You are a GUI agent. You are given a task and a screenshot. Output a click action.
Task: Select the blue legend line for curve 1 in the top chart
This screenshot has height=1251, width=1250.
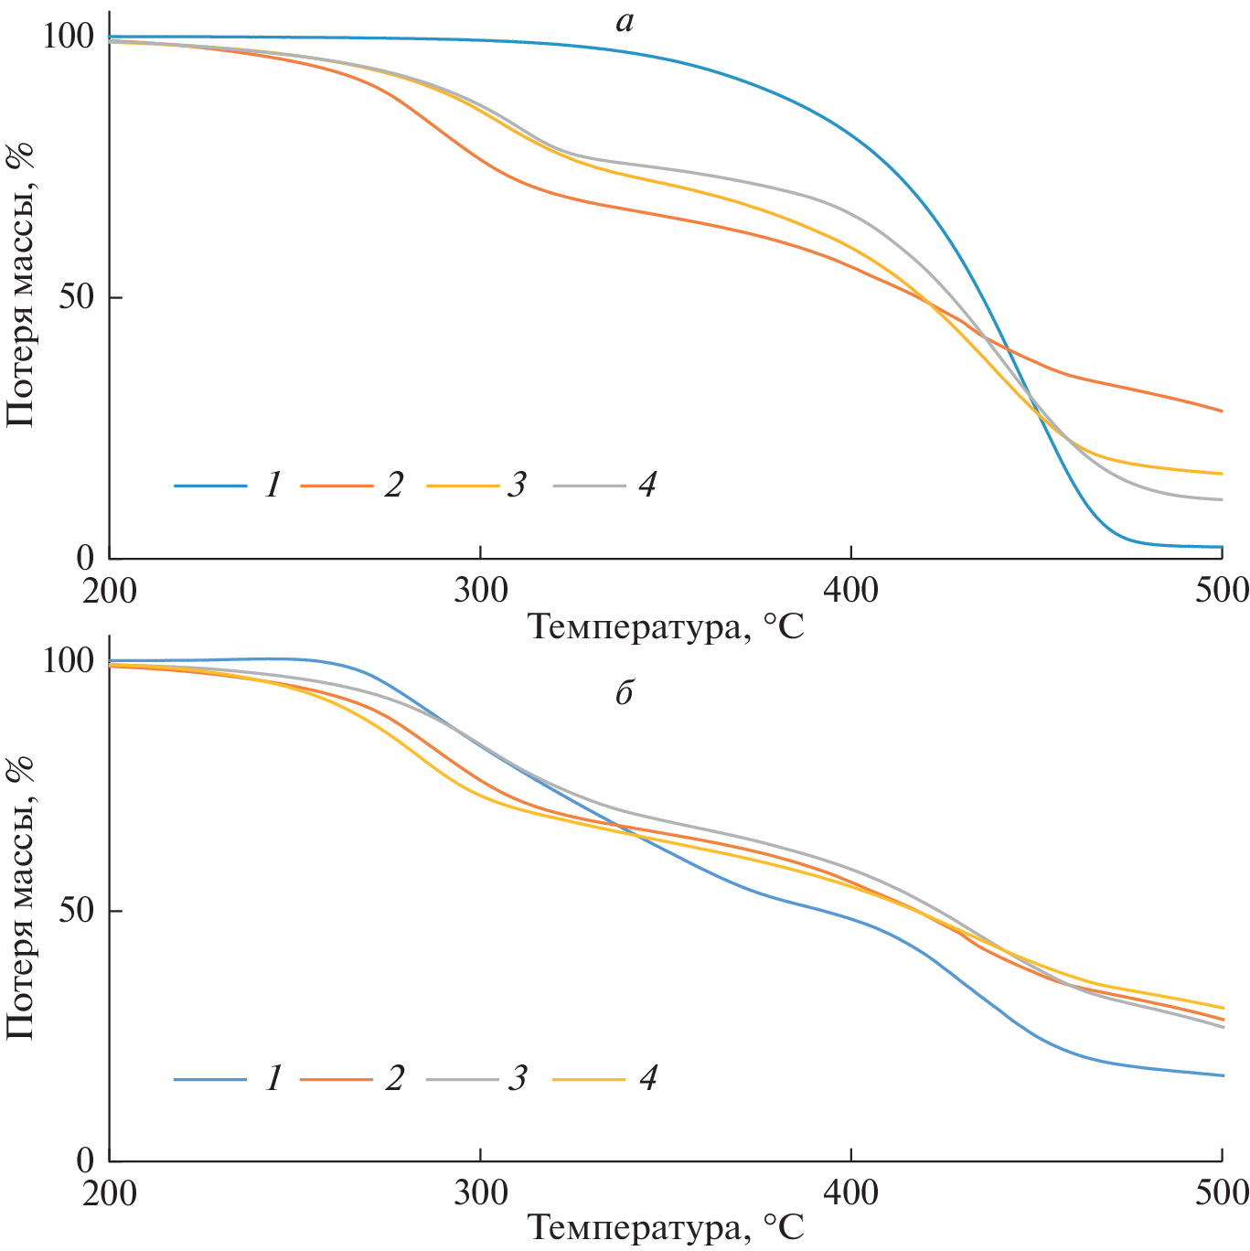[210, 486]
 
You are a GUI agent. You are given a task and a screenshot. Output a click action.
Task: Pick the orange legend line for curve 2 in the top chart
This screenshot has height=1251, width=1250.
[336, 486]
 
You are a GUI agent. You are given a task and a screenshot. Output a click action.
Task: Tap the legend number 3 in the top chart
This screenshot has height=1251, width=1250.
[518, 485]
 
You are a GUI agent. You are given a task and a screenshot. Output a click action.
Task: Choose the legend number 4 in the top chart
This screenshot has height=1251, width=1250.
[646, 485]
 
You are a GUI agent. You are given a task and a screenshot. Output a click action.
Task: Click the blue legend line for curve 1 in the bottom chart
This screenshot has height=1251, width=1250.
[210, 1080]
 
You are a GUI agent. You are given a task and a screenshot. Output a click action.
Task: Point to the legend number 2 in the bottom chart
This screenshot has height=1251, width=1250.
[394, 1079]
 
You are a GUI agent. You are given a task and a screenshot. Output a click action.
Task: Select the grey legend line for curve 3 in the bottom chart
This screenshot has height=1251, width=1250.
[463, 1080]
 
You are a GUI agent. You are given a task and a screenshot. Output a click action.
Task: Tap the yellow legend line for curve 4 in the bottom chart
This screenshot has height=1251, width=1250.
[589, 1080]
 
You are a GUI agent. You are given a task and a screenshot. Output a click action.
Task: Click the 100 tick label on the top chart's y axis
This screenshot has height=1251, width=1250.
[68, 37]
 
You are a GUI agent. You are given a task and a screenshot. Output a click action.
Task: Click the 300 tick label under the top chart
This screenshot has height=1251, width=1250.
[481, 591]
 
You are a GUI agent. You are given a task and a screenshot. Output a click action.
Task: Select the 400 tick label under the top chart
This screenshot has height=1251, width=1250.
[851, 591]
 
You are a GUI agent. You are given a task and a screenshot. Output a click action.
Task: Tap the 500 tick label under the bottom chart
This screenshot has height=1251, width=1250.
[1222, 1192]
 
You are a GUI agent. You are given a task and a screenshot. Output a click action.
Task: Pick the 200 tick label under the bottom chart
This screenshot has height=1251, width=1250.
[110, 1192]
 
